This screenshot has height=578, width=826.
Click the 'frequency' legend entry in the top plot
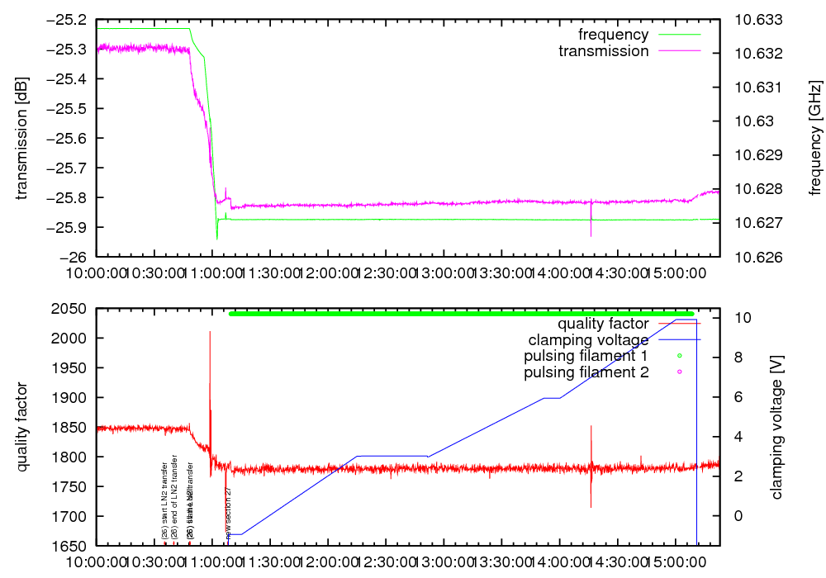(613, 35)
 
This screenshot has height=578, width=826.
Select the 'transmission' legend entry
(604, 51)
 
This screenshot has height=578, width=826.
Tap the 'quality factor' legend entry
(603, 324)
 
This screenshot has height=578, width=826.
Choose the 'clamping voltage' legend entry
(589, 339)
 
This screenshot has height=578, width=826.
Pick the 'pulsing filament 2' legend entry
(586, 372)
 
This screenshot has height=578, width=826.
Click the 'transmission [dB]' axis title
(21, 138)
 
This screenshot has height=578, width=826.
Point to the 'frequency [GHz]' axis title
(815, 138)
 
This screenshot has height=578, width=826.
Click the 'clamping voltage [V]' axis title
(776, 427)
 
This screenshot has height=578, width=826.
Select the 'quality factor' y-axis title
(21, 427)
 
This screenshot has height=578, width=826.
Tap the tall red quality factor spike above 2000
(210, 339)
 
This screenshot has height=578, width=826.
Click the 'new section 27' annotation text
(228, 513)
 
